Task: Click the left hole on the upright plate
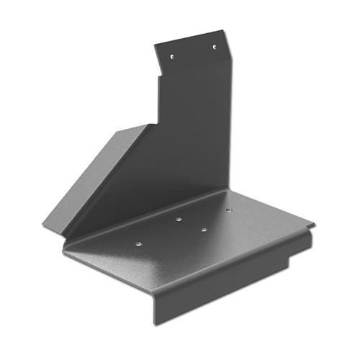click(172, 55)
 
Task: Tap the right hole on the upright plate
click(214, 47)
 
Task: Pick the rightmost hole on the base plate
click(228, 210)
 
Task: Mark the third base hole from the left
click(204, 230)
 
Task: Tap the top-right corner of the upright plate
click(224, 30)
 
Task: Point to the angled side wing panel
click(101, 173)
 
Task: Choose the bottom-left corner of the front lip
click(156, 323)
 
